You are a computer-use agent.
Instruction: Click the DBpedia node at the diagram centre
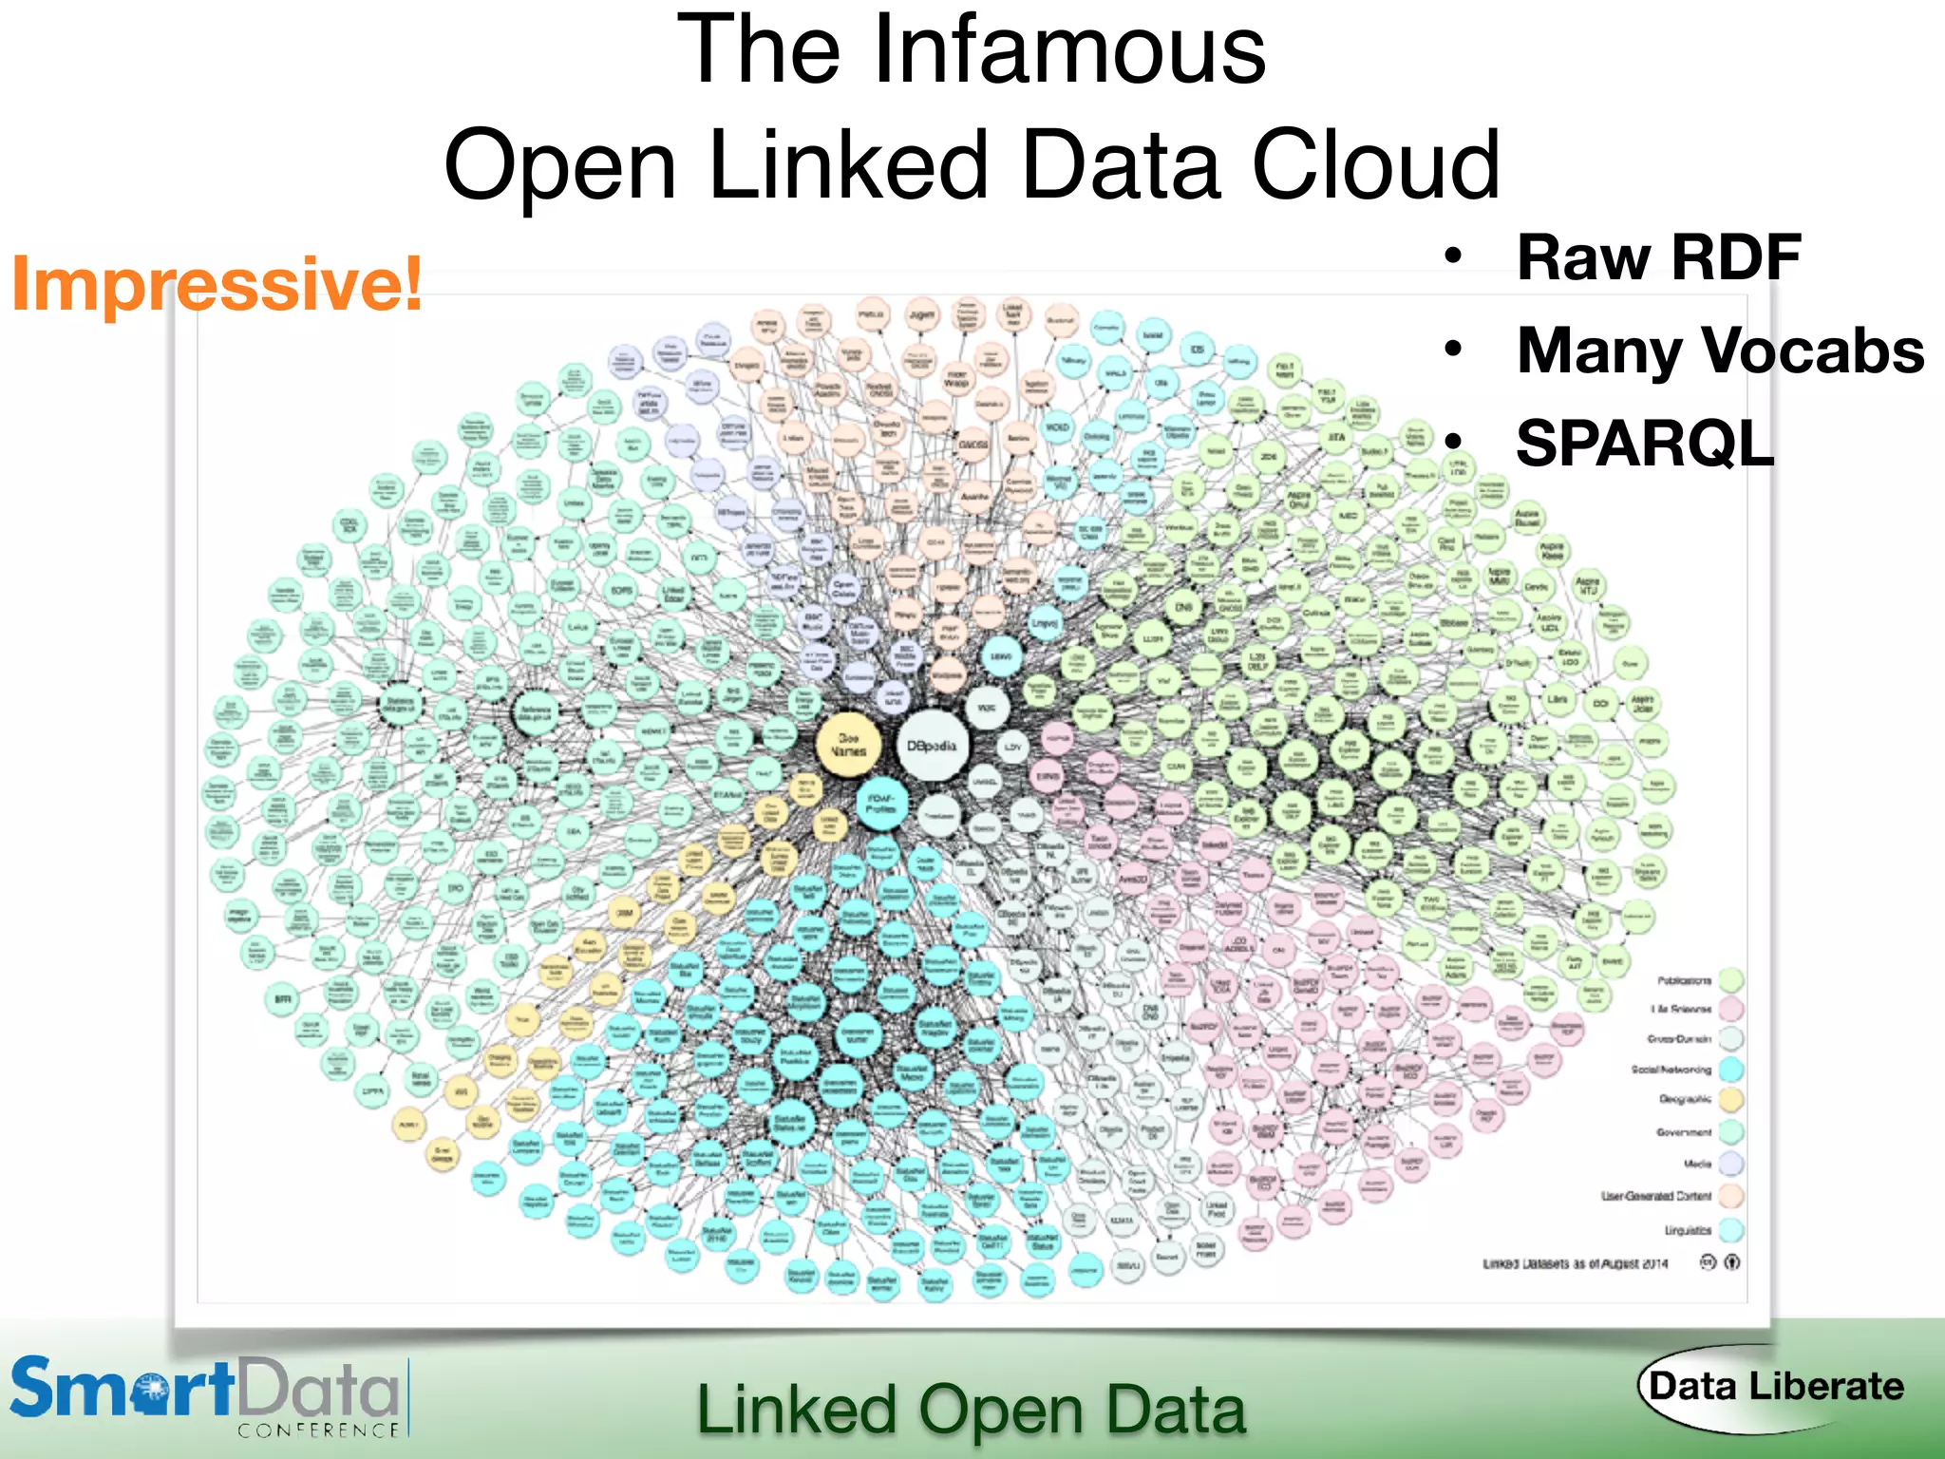point(934,747)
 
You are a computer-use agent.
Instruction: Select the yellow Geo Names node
point(848,744)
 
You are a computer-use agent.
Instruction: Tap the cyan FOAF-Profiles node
point(881,804)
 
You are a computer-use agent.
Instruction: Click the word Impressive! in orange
point(217,283)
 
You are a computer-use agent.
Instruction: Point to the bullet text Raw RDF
point(1658,257)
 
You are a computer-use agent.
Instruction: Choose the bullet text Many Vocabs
point(1720,350)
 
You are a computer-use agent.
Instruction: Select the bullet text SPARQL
point(1645,443)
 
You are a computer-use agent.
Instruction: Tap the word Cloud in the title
point(1376,165)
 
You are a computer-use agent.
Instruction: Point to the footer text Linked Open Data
point(971,1410)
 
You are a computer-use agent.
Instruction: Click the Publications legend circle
point(1731,979)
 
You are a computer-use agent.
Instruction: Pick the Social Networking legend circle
point(1731,1070)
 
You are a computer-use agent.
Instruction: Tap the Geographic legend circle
point(1731,1100)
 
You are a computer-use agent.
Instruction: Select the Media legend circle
point(1731,1164)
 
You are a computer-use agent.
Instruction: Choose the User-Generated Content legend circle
point(1731,1196)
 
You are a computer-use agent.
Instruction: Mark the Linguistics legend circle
point(1731,1230)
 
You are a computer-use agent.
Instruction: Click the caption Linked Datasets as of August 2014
point(1576,1263)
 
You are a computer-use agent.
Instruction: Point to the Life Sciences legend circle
point(1731,1009)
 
